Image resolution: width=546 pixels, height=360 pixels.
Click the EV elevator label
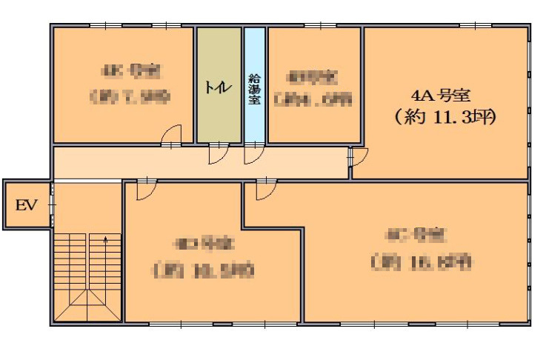(x=25, y=205)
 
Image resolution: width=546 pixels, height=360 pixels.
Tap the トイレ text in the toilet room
(x=219, y=85)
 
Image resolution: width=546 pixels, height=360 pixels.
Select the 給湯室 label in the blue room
(x=254, y=89)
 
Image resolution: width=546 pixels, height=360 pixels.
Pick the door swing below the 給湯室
(x=254, y=153)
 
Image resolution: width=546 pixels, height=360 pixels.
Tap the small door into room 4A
(x=359, y=156)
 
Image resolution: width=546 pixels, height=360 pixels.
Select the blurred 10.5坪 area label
(x=204, y=270)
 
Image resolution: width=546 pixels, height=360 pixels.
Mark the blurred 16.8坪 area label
(x=420, y=261)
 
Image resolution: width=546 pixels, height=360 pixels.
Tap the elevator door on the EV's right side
(x=51, y=205)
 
